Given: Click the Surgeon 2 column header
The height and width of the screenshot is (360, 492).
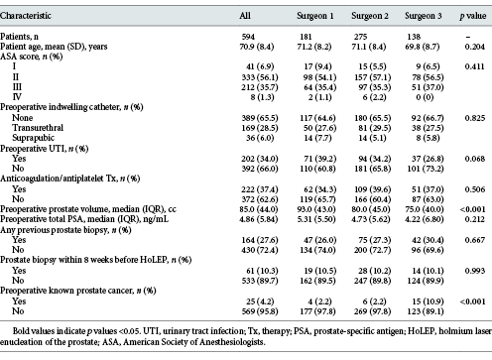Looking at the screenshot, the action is tap(370, 16).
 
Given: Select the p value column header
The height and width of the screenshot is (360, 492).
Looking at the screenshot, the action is tap(473, 16).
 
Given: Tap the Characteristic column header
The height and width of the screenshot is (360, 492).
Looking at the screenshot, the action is tap(26, 16).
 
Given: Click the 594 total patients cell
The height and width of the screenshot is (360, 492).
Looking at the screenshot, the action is tap(248, 37).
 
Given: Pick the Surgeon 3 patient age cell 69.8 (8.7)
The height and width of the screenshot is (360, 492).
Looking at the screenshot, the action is tap(423, 47).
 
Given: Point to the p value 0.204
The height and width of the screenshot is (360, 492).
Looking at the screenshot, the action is tap(475, 47).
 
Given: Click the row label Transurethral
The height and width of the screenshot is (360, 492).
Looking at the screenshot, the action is tap(38, 128).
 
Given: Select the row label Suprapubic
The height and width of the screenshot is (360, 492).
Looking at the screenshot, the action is tap(34, 138).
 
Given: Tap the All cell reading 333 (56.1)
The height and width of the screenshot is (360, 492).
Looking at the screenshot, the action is tap(260, 77).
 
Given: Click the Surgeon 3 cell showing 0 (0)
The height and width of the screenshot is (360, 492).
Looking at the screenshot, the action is tap(425, 97).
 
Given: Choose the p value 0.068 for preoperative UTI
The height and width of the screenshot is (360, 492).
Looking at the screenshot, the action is tap(475, 159).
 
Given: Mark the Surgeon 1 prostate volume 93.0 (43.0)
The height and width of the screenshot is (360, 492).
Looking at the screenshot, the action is tap(316, 209).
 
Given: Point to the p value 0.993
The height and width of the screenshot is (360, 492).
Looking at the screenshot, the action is tap(475, 271).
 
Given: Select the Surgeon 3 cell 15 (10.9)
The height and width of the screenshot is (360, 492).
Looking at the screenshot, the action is tap(428, 301).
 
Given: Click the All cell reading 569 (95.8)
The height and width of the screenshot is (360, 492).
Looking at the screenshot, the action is tap(260, 311).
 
